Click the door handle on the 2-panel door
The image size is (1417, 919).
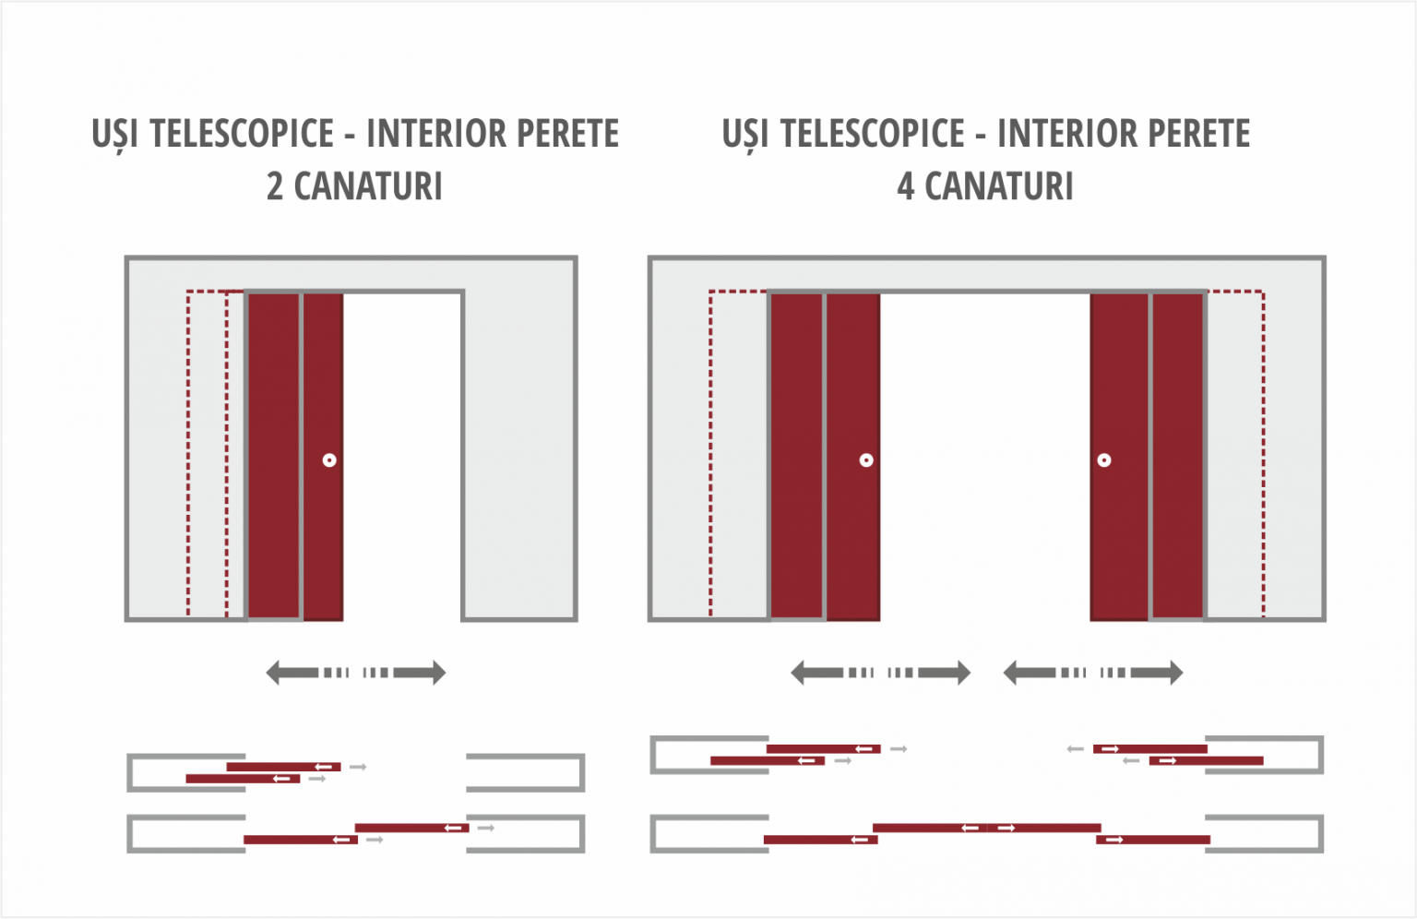click(329, 460)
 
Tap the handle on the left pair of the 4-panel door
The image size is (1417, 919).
click(866, 460)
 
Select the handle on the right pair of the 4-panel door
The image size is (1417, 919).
click(1104, 460)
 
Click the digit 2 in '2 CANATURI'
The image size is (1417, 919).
click(275, 186)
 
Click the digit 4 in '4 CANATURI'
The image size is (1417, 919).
click(905, 186)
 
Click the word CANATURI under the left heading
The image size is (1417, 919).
click(368, 186)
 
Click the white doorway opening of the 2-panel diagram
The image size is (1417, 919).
click(402, 456)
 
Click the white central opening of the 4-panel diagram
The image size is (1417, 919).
click(985, 456)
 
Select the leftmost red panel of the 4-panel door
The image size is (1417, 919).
click(796, 456)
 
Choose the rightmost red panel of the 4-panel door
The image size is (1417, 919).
click(1177, 456)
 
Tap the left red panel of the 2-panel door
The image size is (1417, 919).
click(273, 456)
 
